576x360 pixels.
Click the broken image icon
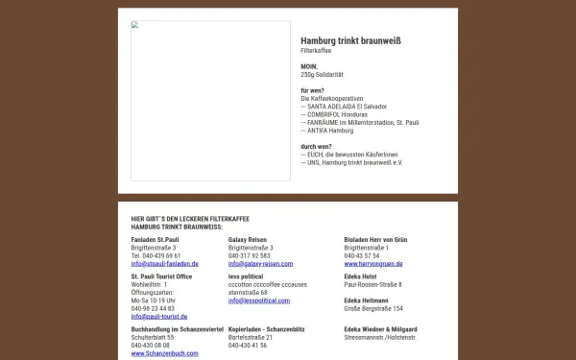[x=134, y=25]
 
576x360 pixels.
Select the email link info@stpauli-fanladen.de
[x=164, y=263]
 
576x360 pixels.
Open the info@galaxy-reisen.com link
[x=260, y=263]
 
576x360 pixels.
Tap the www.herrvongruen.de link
[x=372, y=263]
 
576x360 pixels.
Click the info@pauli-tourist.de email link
[x=159, y=316]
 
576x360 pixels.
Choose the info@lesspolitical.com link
[x=259, y=300]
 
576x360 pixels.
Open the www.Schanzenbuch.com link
[x=165, y=353]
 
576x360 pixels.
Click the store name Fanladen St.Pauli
[x=156, y=239]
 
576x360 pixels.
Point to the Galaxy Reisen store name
[x=248, y=239]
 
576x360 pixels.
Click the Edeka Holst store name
[x=362, y=276]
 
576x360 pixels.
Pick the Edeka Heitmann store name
[x=368, y=300]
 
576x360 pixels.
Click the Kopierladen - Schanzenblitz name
[x=266, y=329]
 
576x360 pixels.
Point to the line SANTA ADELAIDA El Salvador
[x=344, y=106]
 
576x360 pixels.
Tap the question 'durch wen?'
[x=317, y=146]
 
